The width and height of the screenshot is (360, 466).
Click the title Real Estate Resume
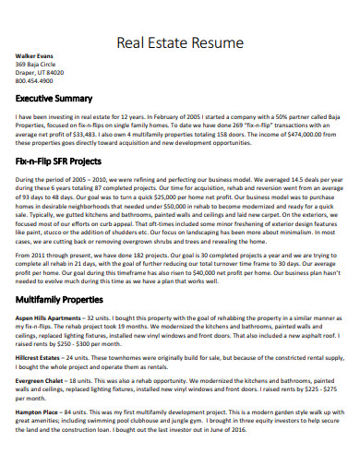click(181, 42)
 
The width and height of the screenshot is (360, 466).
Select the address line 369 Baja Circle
click(38, 64)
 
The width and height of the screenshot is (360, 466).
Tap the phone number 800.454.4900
click(36, 80)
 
